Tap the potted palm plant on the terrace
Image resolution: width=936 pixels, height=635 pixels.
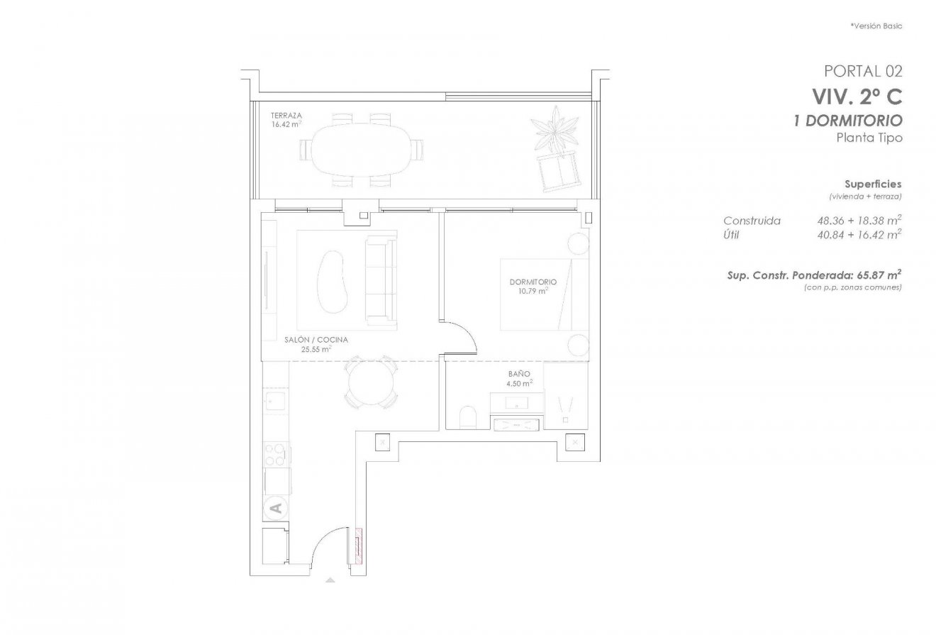pos(555,130)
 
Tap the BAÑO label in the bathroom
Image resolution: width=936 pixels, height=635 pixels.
pos(518,374)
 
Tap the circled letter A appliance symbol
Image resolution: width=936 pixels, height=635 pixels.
pos(276,507)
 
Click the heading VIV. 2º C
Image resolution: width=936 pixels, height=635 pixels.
pos(857,96)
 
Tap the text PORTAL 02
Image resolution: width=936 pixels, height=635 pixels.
pos(862,71)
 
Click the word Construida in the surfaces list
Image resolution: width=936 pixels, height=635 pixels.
pos(752,221)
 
